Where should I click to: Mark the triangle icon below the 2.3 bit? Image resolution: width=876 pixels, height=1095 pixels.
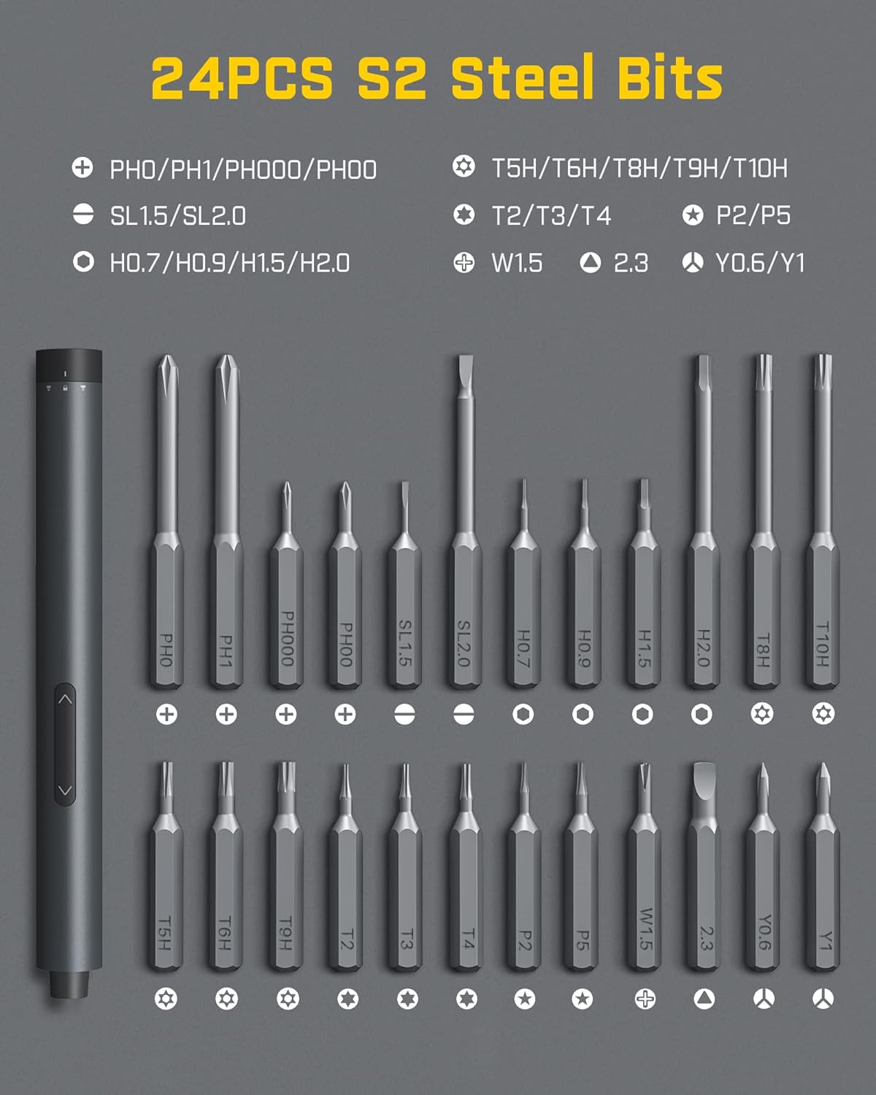tap(704, 999)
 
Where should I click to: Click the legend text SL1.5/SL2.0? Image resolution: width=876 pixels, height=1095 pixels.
tap(177, 216)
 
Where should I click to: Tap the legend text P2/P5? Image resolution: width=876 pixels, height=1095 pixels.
tap(753, 215)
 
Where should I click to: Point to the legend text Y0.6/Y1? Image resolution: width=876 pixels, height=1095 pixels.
tap(759, 263)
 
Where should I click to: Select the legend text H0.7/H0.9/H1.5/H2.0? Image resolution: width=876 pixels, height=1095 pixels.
tap(229, 263)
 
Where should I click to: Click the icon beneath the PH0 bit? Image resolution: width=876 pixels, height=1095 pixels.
tap(166, 715)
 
